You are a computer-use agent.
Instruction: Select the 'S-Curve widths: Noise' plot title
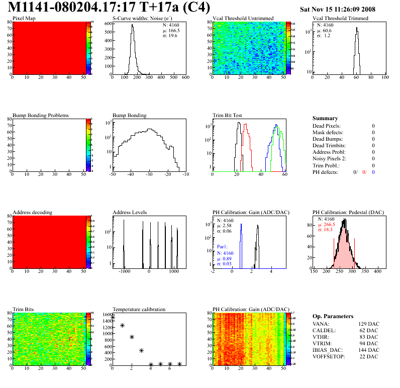142,19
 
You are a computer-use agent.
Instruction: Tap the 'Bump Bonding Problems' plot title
41,115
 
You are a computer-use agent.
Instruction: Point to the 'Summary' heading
325,118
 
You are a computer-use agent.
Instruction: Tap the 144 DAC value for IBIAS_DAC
368,350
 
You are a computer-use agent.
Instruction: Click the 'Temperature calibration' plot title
139,309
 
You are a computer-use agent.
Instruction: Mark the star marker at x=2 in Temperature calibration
132,337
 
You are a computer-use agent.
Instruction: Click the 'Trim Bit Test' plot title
228,115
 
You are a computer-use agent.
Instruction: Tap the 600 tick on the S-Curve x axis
185,78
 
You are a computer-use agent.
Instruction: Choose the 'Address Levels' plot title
130,212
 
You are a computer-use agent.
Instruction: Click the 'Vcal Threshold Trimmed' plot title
341,19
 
